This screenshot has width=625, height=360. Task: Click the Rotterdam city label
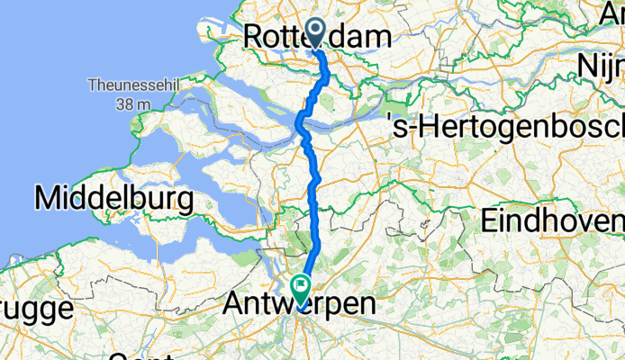point(318,36)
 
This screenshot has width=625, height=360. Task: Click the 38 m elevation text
point(132,104)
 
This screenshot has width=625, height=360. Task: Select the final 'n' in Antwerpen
point(367,305)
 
